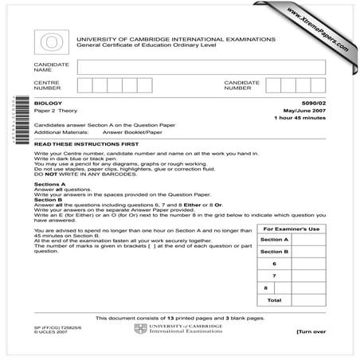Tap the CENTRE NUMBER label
click(47, 86)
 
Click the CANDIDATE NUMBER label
click(242, 86)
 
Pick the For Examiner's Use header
click(292, 229)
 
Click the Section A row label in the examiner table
click(274, 240)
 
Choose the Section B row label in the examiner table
click(274, 251)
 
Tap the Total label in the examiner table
click(274, 300)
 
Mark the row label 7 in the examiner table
click(274, 275)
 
